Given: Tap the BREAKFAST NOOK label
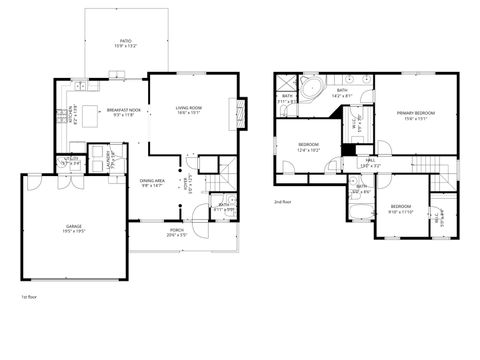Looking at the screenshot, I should click(x=125, y=111).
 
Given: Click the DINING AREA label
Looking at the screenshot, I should click(x=152, y=181).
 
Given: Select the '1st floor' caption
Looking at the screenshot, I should click(x=30, y=297).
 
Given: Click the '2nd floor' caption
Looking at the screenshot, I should click(x=283, y=202).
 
